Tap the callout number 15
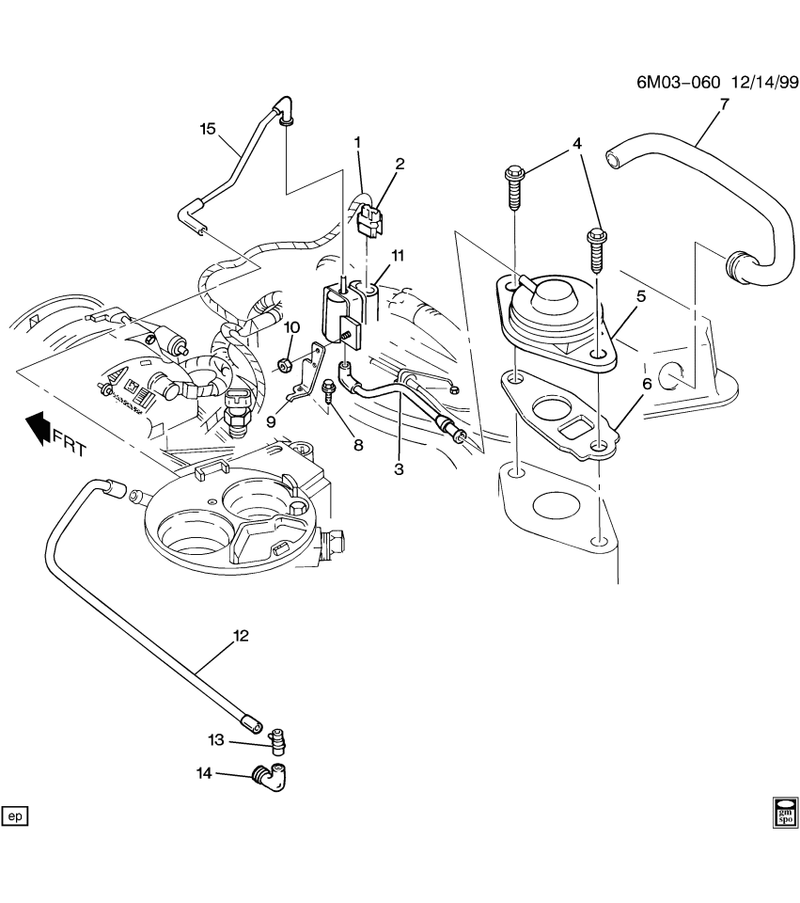(208, 129)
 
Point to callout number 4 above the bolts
(577, 144)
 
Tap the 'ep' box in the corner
(15, 816)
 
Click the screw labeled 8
(330, 389)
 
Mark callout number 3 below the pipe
(399, 468)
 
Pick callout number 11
(398, 255)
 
